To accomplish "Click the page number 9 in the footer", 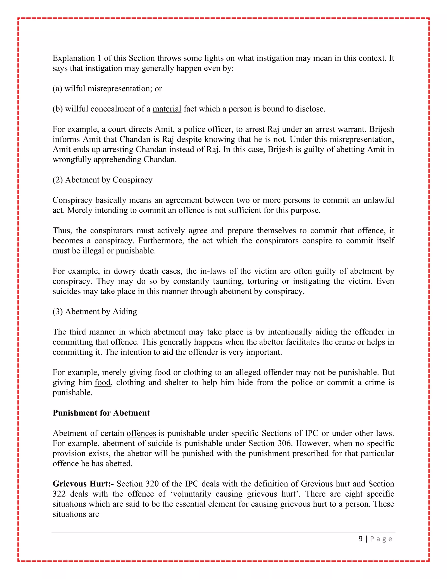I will coord(360,539).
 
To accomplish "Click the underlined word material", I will coord(167,109).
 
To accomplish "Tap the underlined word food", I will coord(103,383).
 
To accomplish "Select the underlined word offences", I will coord(141,433).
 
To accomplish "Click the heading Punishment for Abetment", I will coord(101,413).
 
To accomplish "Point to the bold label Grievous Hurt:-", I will coord(83,484).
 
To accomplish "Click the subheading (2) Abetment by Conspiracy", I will coord(103,180).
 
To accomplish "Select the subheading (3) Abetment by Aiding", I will coord(95,312).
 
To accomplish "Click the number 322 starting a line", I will coord(59,494).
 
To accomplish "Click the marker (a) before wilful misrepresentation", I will coord(57,88).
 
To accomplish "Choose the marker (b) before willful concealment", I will coord(57,109).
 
